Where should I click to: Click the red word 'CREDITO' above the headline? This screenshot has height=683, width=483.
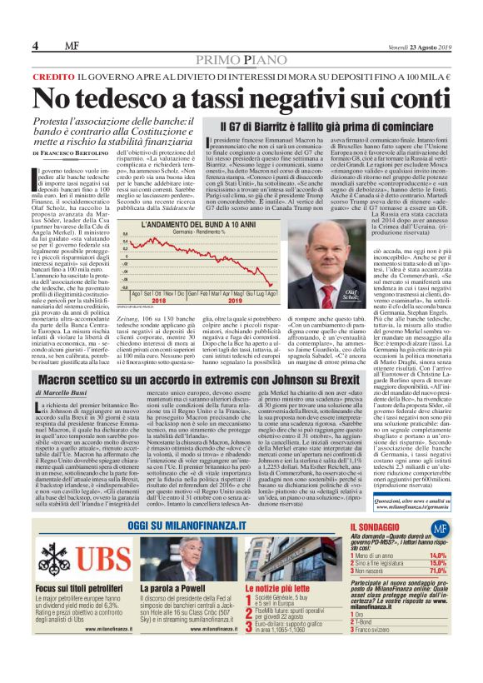pyautogui.click(x=52, y=76)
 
